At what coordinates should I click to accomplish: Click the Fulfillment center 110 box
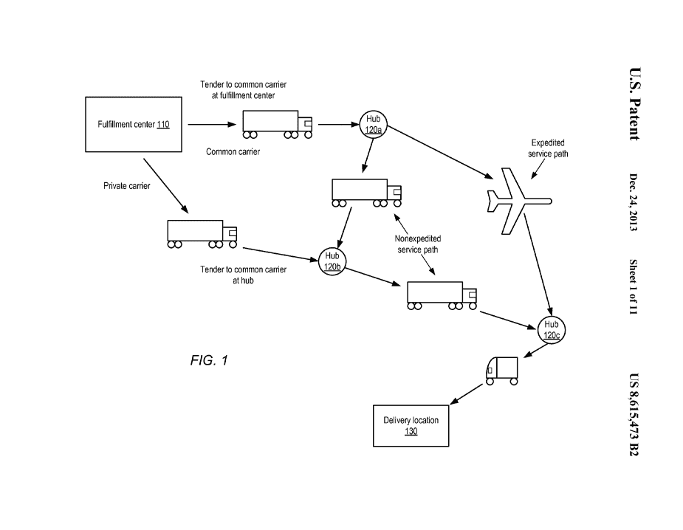point(134,125)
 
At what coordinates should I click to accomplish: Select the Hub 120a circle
point(373,124)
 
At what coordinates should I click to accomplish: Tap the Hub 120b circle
point(332,261)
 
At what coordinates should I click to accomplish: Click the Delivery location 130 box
point(411,425)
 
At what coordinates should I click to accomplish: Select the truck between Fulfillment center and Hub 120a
point(278,123)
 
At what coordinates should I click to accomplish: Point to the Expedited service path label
point(549,148)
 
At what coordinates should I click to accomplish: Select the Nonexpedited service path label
point(417,244)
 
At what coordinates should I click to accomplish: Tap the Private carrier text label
point(126,186)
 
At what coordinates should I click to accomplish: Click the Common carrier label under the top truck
point(233,152)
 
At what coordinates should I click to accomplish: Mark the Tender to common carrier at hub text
point(243,275)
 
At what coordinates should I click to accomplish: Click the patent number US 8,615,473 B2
point(633,415)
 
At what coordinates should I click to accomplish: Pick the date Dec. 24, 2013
point(633,202)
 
